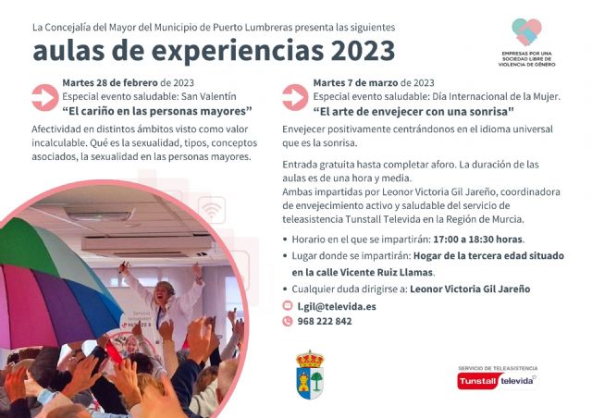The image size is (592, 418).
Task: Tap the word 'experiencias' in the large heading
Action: [x=218, y=50]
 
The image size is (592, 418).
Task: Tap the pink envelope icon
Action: [x=288, y=305]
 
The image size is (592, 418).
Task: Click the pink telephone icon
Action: [x=288, y=321]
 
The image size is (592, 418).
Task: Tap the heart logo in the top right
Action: [x=526, y=32]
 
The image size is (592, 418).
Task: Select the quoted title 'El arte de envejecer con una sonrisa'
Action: [x=413, y=110]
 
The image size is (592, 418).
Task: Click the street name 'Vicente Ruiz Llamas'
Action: [x=382, y=272]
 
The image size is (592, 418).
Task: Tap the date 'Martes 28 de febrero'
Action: [x=109, y=81]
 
